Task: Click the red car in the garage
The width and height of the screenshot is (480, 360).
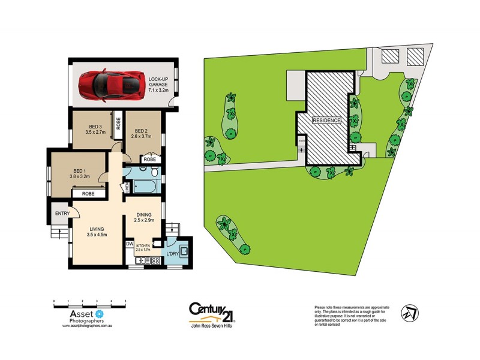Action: (x=111, y=85)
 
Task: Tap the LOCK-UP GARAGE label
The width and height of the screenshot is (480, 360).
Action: (x=154, y=83)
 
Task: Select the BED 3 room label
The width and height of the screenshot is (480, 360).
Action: (x=95, y=129)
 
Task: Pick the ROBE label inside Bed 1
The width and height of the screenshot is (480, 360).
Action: (x=88, y=194)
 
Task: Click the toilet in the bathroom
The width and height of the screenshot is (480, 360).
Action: (x=154, y=173)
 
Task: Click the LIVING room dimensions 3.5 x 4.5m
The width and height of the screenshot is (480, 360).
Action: (x=97, y=235)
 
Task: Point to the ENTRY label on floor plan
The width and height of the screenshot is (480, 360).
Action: (x=62, y=214)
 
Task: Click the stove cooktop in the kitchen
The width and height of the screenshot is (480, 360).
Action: (x=154, y=261)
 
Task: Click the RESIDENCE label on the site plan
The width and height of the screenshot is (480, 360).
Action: (x=326, y=120)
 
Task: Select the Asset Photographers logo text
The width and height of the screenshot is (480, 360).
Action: (x=77, y=316)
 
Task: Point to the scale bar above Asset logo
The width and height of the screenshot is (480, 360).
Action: (x=89, y=304)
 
